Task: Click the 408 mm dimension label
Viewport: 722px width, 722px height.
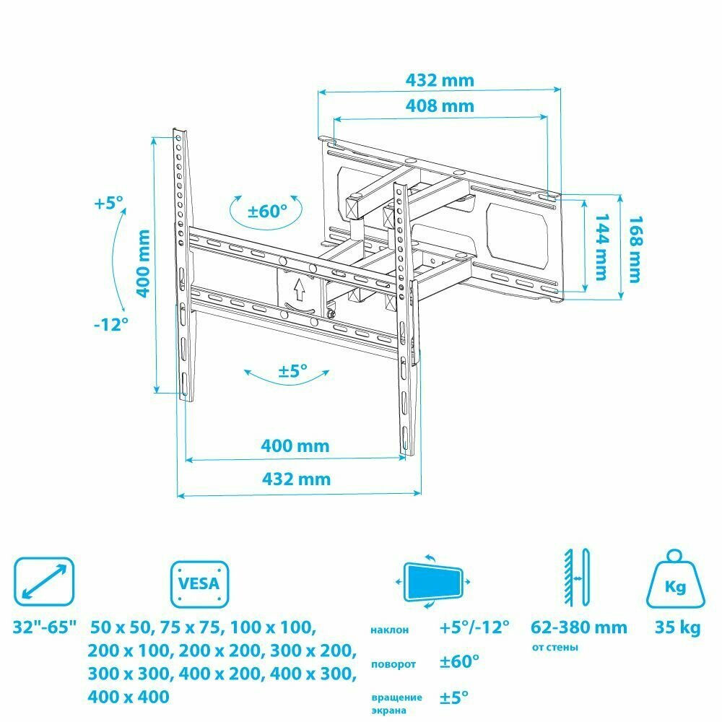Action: [x=440, y=106]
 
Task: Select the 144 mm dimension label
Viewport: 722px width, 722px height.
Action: [x=602, y=247]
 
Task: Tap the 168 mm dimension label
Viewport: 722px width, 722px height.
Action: [x=635, y=249]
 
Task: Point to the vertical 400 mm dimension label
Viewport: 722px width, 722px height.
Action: [x=144, y=264]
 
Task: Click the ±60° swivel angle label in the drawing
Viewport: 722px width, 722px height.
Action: [x=267, y=212]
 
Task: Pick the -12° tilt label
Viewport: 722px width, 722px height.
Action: [x=111, y=324]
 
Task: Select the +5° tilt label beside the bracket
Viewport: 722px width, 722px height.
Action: [x=109, y=203]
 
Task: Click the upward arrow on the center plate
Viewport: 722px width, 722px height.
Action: [x=300, y=290]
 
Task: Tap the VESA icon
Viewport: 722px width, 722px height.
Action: [x=200, y=584]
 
